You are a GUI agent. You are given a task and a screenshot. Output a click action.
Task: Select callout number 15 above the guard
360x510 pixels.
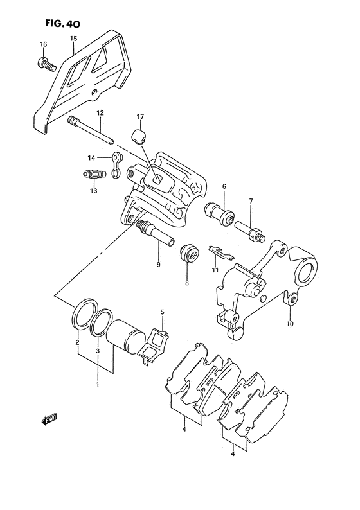73,39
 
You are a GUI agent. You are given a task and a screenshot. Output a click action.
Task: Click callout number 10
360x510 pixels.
291,324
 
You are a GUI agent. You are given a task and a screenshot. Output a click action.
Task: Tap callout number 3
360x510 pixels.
97,351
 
